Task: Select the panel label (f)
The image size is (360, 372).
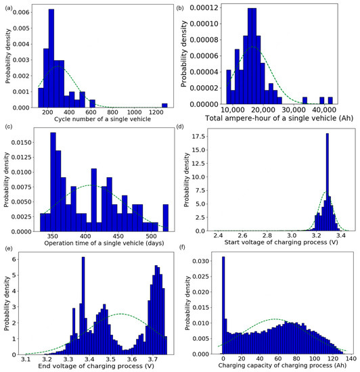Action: [187, 248]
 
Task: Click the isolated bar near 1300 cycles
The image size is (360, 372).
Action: [164, 106]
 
